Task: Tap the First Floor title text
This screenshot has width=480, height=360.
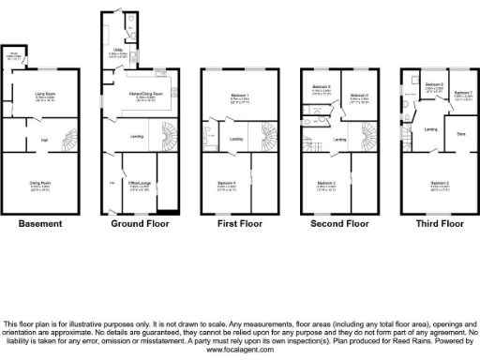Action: point(232,224)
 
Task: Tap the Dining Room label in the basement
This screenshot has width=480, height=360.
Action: point(38,183)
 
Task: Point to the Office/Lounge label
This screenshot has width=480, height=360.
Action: point(138,183)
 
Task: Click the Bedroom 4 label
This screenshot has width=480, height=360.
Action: point(228,183)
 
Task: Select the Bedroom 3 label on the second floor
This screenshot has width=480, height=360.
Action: point(326,183)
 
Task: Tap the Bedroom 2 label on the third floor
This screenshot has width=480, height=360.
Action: point(432,183)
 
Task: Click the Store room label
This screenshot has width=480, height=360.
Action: point(460,134)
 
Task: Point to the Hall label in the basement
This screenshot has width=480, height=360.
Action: point(43,140)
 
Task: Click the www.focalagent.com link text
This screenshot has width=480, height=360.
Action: point(239,350)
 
